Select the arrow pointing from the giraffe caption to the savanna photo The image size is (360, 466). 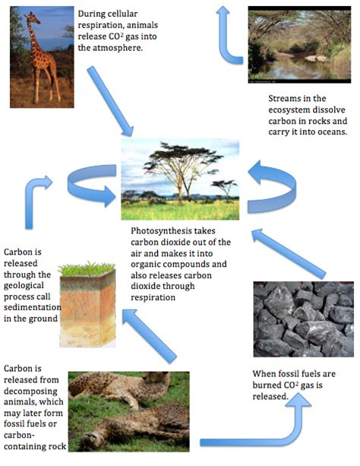[110, 101]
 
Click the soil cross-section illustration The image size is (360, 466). [87, 305]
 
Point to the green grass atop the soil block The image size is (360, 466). [87, 268]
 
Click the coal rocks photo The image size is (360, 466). [303, 319]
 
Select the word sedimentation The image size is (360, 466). [33, 307]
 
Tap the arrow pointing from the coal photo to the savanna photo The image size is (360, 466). [288, 253]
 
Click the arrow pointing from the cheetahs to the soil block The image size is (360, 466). [149, 336]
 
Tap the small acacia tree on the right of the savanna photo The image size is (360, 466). [224, 187]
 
